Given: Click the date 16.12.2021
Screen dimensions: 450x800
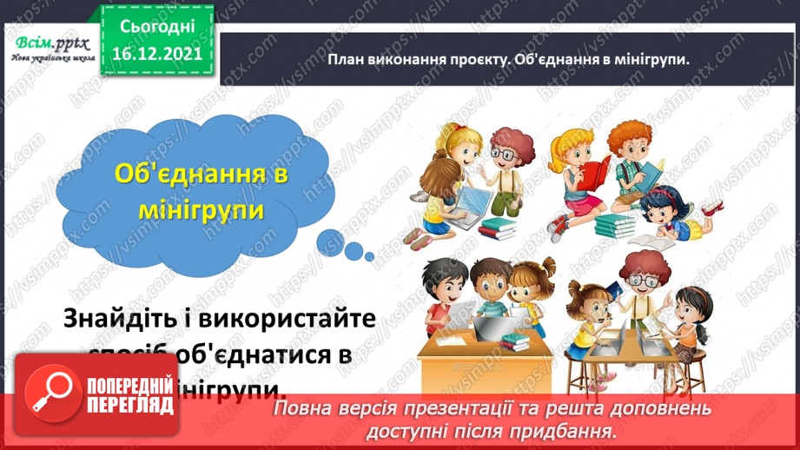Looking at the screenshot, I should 157,52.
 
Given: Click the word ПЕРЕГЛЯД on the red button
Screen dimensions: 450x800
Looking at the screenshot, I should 128,415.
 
